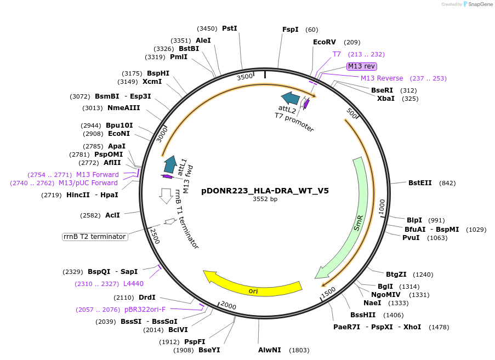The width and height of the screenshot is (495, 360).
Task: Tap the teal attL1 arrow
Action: [x=170, y=164]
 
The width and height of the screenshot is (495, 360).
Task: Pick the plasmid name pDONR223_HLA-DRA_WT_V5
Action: [x=265, y=191]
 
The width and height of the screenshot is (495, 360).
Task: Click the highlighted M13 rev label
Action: [x=362, y=66]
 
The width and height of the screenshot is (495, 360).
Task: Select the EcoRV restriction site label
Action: [x=324, y=42]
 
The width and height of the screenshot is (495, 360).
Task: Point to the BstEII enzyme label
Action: [x=420, y=183]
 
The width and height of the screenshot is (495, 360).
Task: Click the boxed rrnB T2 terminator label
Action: [x=95, y=237]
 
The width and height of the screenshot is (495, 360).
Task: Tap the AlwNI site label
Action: [x=269, y=350]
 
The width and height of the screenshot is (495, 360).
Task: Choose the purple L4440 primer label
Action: [x=133, y=284]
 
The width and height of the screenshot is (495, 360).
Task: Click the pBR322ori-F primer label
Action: [x=145, y=310]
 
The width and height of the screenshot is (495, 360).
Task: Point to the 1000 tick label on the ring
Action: [x=382, y=206]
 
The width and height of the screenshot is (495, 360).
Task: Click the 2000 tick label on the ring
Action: [x=229, y=306]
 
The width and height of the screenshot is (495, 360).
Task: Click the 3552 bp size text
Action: [x=265, y=199]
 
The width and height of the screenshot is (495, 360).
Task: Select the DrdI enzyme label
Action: [x=147, y=298]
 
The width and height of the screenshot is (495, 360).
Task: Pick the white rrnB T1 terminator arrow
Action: [x=166, y=196]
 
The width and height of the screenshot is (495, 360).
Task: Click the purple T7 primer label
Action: [x=337, y=54]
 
